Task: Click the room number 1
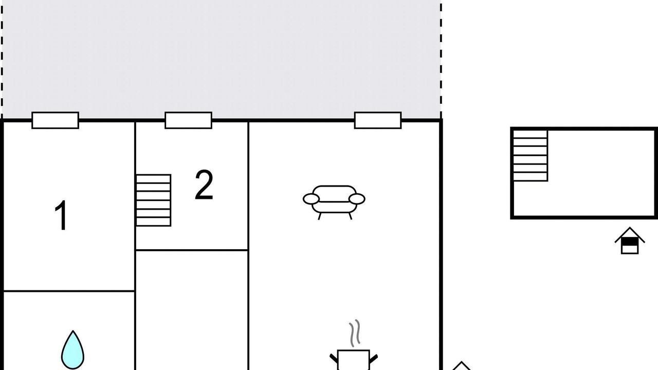[61, 215]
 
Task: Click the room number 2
[204, 184]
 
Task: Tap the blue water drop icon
[72, 350]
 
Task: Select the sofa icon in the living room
[334, 202]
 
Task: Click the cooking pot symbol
[353, 360]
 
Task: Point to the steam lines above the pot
[355, 333]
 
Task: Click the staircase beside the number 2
[153, 200]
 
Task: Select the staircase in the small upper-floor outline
[530, 156]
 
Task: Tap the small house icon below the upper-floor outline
[630, 240]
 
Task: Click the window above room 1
[55, 120]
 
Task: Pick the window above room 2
[188, 120]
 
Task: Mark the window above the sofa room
[378, 120]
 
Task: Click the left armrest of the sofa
[311, 199]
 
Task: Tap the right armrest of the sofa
[357, 199]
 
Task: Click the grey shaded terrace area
[222, 59]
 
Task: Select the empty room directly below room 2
[192, 310]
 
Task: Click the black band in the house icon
[630, 242]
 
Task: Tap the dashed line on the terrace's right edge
[441, 59]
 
